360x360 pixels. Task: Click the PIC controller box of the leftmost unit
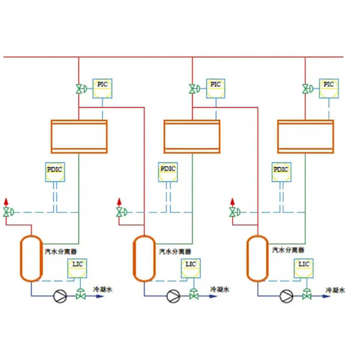pos(103,85)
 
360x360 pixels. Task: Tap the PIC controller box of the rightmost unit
pos(328,85)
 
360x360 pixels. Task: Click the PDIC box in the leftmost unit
pos(55,170)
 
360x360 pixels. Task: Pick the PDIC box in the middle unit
pos(168,170)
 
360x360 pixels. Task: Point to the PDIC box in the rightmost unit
pos(281,170)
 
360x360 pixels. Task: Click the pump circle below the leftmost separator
pos(59,295)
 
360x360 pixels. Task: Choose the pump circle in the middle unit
pos(173,295)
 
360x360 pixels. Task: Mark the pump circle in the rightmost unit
pos(286,295)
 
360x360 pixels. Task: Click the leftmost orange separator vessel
pos(28,258)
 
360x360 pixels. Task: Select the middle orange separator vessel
pos(142,258)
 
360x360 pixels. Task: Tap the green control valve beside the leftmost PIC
pos(79,90)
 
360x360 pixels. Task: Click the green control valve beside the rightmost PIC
pos(306,90)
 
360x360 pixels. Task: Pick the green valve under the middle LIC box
pos(194,295)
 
